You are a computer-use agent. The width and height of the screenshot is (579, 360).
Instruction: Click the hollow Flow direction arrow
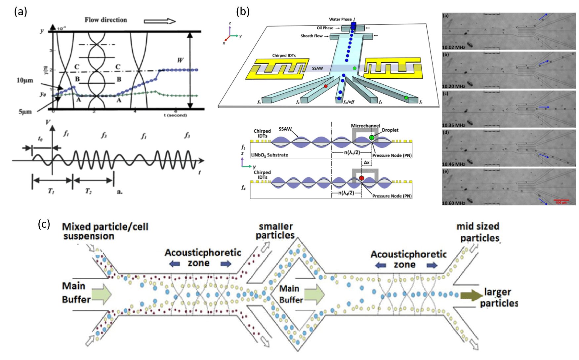pos(160,21)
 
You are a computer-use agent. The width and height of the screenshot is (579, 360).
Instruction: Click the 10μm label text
pos(25,80)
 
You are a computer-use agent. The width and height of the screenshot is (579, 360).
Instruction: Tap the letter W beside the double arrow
pos(180,60)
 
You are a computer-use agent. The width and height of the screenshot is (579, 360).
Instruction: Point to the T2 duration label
pos(88,191)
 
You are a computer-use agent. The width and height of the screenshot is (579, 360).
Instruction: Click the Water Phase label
pos(340,19)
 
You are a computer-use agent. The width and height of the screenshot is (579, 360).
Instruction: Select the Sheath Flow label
pos(311,36)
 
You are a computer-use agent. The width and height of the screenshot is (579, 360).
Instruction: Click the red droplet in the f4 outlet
pos(326,86)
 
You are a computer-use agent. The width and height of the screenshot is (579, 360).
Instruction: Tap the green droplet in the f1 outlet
pos(406,97)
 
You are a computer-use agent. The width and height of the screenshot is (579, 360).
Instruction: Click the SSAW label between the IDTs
pos(317,68)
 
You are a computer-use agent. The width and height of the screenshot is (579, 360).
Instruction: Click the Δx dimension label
pos(367,163)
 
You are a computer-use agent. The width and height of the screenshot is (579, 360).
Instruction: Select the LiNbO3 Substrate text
pos(269,155)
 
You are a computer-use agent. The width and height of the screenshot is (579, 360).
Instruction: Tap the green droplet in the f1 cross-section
pos(371,138)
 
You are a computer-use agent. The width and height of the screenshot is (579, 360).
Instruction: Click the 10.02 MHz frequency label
pos(453,47)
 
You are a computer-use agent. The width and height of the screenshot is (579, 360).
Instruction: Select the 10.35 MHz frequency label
pos(453,125)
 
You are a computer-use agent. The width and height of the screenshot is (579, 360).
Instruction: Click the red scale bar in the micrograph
pos(561,200)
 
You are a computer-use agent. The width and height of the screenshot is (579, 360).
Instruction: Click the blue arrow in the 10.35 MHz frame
pos(544,107)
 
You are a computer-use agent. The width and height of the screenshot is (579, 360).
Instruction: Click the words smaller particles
pos(275,231)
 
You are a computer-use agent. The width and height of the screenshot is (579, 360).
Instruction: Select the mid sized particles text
pos(479,232)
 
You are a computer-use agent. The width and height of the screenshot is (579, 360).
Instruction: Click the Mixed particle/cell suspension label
pos(105,231)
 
